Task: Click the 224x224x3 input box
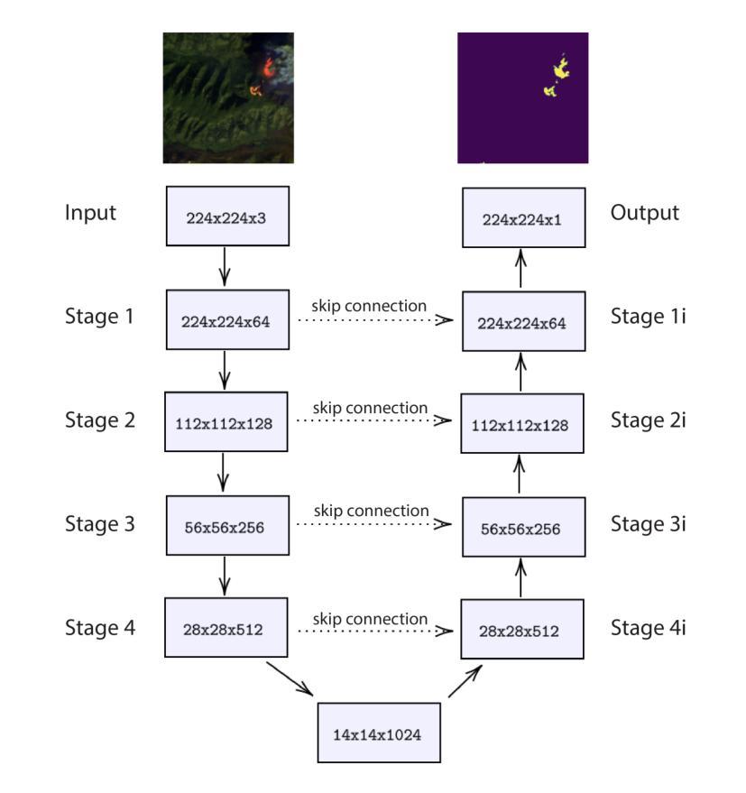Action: point(227,216)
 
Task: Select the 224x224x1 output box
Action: point(523,217)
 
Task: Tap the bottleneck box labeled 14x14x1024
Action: point(379,733)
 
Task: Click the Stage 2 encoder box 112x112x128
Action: point(226,422)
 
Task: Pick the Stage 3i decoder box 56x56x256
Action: point(523,527)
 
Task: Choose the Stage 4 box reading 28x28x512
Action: point(226,627)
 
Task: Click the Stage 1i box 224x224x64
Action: point(523,321)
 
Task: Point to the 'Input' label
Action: point(90,213)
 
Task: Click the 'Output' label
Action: point(644,212)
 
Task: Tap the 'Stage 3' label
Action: point(99,524)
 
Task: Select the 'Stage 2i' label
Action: point(648,420)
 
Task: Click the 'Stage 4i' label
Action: point(648,628)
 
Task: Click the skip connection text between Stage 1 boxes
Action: point(369,306)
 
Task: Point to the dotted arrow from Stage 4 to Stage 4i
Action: point(375,631)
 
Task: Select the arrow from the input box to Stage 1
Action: point(225,266)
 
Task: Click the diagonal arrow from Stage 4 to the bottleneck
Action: point(290,678)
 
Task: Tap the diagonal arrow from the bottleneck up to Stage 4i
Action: point(465,681)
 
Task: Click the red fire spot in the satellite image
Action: point(268,69)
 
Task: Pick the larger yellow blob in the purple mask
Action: point(561,69)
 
